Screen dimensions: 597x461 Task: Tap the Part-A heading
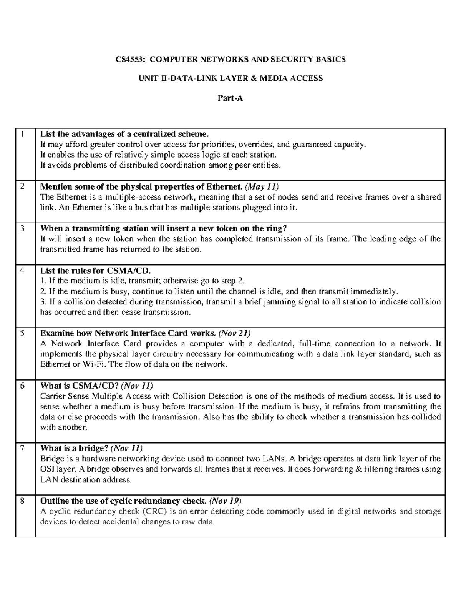pyautogui.click(x=230, y=98)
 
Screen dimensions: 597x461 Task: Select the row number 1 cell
pyautogui.click(x=23, y=134)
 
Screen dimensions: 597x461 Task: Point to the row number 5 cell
pyautogui.click(x=23, y=333)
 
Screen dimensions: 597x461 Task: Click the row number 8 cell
pyautogui.click(x=23, y=501)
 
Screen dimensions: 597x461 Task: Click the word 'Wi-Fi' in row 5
pyautogui.click(x=94, y=364)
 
